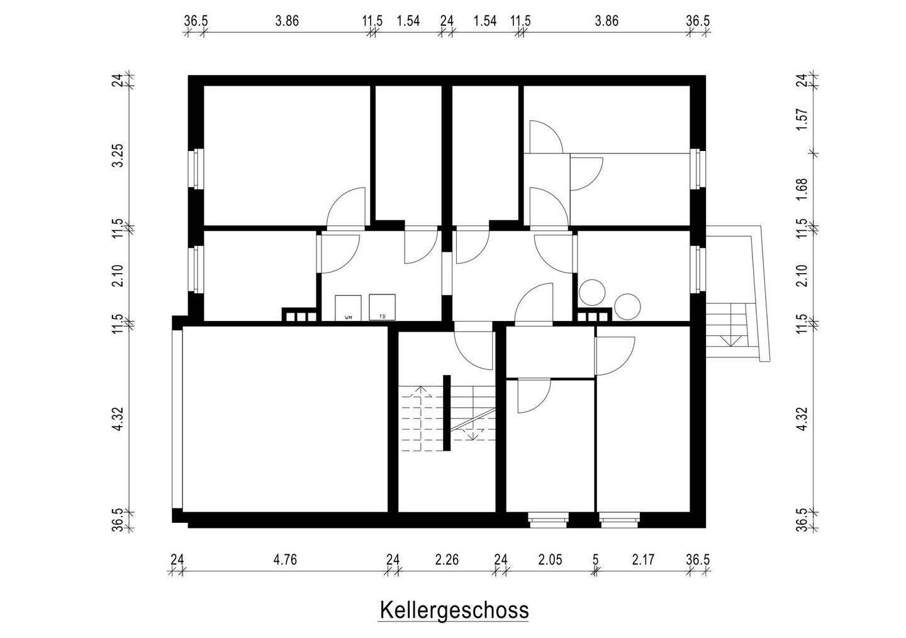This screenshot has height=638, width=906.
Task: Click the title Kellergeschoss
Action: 453,610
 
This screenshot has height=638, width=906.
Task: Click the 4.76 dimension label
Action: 285,559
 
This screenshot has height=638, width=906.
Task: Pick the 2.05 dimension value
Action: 550,559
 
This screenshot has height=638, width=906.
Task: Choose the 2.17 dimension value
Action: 642,559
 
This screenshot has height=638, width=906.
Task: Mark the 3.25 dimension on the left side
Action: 117,155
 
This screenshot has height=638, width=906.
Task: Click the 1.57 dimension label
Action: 801,120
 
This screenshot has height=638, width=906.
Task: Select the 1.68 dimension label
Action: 801,189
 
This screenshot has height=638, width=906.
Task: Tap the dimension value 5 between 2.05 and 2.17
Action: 595,559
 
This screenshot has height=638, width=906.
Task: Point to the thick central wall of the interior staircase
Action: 446,413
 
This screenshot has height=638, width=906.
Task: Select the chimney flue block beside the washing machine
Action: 298,316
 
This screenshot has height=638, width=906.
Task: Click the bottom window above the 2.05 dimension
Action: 547,519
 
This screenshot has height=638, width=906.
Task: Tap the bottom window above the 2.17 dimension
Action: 619,519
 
